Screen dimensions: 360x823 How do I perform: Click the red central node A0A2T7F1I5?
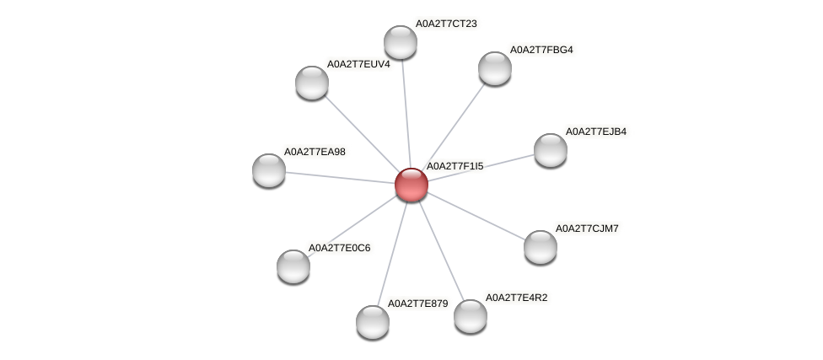click(x=411, y=185)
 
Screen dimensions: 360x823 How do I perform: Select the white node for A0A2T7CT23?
click(x=401, y=42)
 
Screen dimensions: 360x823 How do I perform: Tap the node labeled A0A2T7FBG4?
click(x=495, y=68)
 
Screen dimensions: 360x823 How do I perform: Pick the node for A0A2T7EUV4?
click(x=312, y=83)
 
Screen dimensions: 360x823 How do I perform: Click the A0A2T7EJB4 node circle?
click(x=551, y=150)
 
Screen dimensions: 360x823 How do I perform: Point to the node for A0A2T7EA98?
click(x=269, y=170)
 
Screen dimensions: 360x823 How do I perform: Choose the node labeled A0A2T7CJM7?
click(x=541, y=247)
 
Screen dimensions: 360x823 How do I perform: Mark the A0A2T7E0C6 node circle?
click(x=293, y=266)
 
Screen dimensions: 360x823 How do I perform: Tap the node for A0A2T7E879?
click(x=373, y=322)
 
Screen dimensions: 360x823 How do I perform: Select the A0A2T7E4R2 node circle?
click(x=471, y=316)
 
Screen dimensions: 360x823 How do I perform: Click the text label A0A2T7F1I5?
click(x=455, y=166)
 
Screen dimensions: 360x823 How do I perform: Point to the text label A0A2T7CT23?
click(x=445, y=24)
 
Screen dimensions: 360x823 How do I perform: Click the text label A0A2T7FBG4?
click(x=541, y=50)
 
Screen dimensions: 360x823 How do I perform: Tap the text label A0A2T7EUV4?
click(x=358, y=64)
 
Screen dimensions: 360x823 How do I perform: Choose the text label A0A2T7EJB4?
click(x=595, y=132)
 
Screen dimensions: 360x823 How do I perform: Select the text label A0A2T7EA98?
click(x=315, y=152)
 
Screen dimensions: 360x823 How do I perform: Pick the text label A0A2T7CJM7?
click(x=586, y=228)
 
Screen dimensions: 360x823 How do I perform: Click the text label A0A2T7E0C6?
click(x=339, y=248)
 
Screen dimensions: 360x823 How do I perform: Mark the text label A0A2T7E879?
click(x=417, y=304)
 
